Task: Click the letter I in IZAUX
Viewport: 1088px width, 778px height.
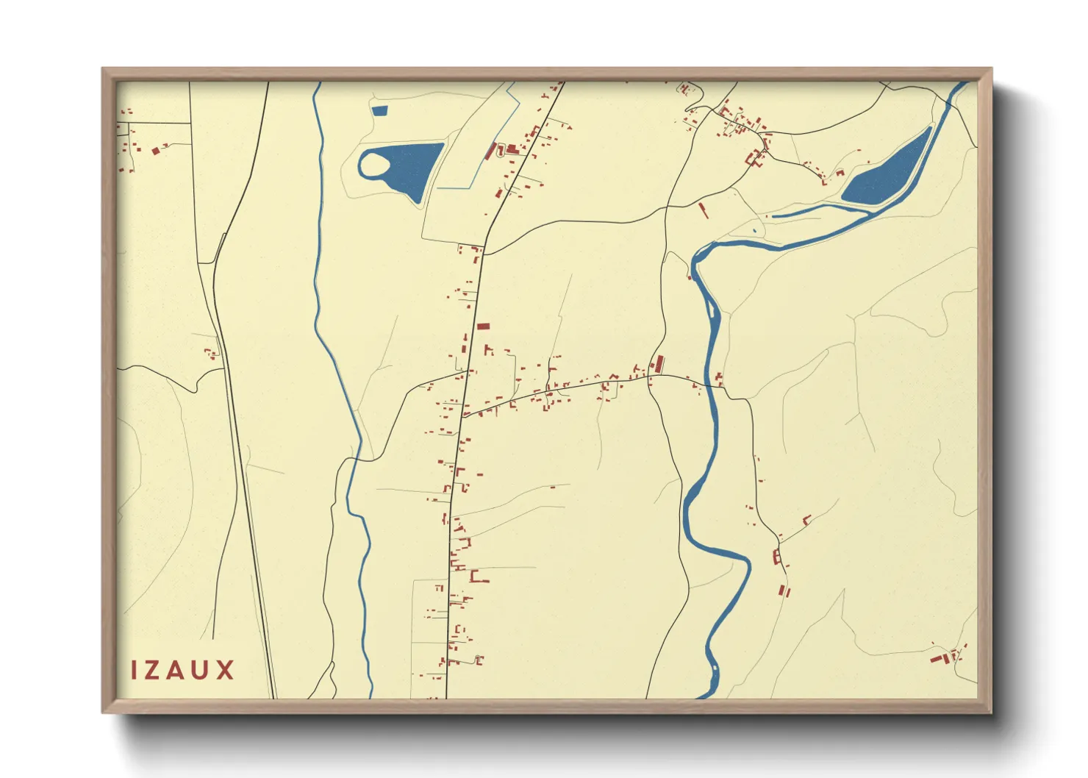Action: [135, 670]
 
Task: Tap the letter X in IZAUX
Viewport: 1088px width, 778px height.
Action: [225, 670]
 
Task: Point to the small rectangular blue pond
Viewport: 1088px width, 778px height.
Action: [379, 111]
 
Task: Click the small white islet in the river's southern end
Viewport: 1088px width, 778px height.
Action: [714, 668]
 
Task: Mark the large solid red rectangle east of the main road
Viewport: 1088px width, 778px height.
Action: [483, 326]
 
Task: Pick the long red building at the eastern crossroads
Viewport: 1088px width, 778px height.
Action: [659, 364]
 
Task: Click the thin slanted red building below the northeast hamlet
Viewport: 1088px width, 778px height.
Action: [703, 210]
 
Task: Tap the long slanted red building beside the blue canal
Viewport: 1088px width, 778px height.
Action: [490, 151]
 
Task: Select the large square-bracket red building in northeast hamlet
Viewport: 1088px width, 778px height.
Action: [753, 158]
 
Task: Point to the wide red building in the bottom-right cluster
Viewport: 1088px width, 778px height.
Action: [937, 658]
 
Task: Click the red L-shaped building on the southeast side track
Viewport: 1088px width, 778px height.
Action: [806, 521]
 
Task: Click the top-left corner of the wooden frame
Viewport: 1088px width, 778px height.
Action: [103, 69]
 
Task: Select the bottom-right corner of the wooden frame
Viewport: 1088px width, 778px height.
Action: [990, 712]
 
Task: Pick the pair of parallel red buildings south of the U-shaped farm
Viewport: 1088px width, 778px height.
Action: [784, 590]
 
